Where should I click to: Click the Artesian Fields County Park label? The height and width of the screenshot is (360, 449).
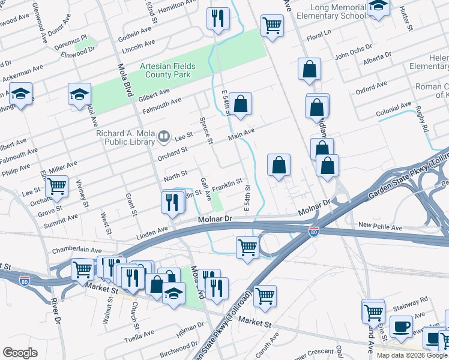[x=164, y=70]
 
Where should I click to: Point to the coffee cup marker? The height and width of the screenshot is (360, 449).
[x=401, y=327]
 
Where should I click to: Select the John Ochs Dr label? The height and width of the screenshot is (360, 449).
[x=349, y=57]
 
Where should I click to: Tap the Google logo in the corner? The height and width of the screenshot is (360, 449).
[x=20, y=353]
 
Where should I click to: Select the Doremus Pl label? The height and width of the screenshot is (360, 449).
[x=75, y=37]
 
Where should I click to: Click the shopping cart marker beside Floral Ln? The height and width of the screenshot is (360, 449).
[x=272, y=25]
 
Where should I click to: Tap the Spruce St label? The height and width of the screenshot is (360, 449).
[x=206, y=131]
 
